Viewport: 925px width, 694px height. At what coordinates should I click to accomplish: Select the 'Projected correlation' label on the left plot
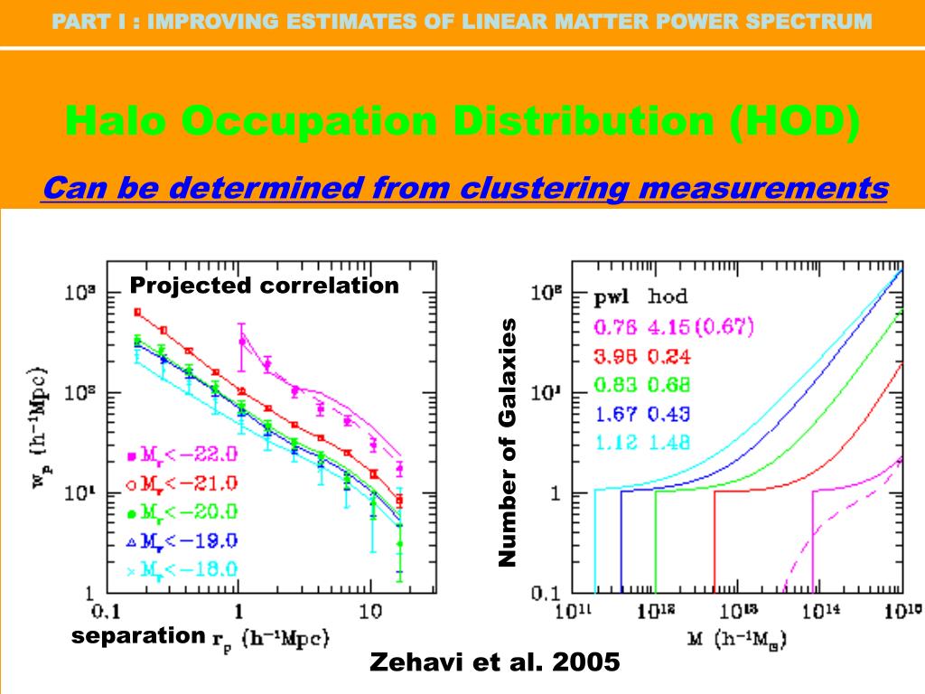264,286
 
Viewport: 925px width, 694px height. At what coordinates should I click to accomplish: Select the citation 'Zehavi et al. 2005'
495,662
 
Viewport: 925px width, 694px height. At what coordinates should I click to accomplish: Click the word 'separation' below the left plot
138,635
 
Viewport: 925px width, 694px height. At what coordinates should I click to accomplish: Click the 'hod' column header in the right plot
668,296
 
